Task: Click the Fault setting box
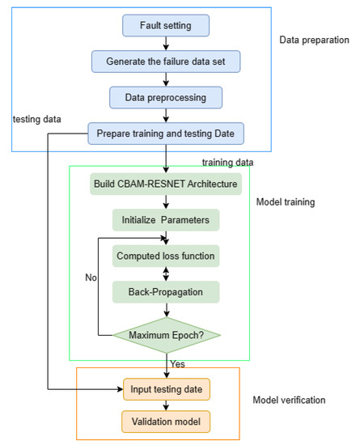pos(166,25)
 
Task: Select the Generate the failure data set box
pos(166,61)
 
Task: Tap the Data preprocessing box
pos(166,97)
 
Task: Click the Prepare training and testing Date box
pos(166,133)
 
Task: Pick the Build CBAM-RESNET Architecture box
pos(166,184)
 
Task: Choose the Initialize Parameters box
pos(166,220)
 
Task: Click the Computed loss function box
pos(166,256)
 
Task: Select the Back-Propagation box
pos(166,290)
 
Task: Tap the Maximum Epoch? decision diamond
pos(166,333)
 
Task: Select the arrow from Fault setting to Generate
pos(166,43)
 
